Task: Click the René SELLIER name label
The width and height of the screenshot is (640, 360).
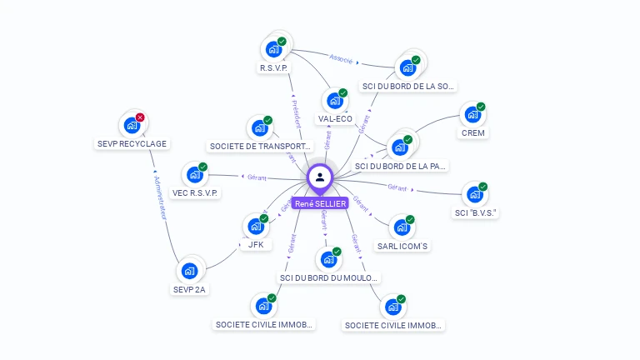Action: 320,203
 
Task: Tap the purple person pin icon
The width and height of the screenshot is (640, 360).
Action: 320,177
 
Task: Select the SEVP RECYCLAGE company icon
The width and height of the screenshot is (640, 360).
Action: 131,125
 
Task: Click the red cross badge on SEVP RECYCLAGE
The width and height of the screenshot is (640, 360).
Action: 140,117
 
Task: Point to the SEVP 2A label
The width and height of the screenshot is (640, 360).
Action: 189,290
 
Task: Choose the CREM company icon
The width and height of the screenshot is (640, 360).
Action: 472,114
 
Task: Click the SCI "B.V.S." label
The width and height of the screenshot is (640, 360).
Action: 476,212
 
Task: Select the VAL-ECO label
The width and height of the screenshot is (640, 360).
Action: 335,119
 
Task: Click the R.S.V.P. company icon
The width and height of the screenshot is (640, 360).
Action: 273,48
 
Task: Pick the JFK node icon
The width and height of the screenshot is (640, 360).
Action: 255,226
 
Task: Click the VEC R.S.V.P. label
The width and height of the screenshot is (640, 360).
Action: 194,192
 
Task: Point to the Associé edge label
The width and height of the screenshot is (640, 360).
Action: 341,60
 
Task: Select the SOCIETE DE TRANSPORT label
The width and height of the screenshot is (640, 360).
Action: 260,146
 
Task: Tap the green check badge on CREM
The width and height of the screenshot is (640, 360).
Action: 481,107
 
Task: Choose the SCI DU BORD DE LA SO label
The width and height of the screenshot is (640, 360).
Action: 408,86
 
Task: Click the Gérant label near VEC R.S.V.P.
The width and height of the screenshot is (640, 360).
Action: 256,177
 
